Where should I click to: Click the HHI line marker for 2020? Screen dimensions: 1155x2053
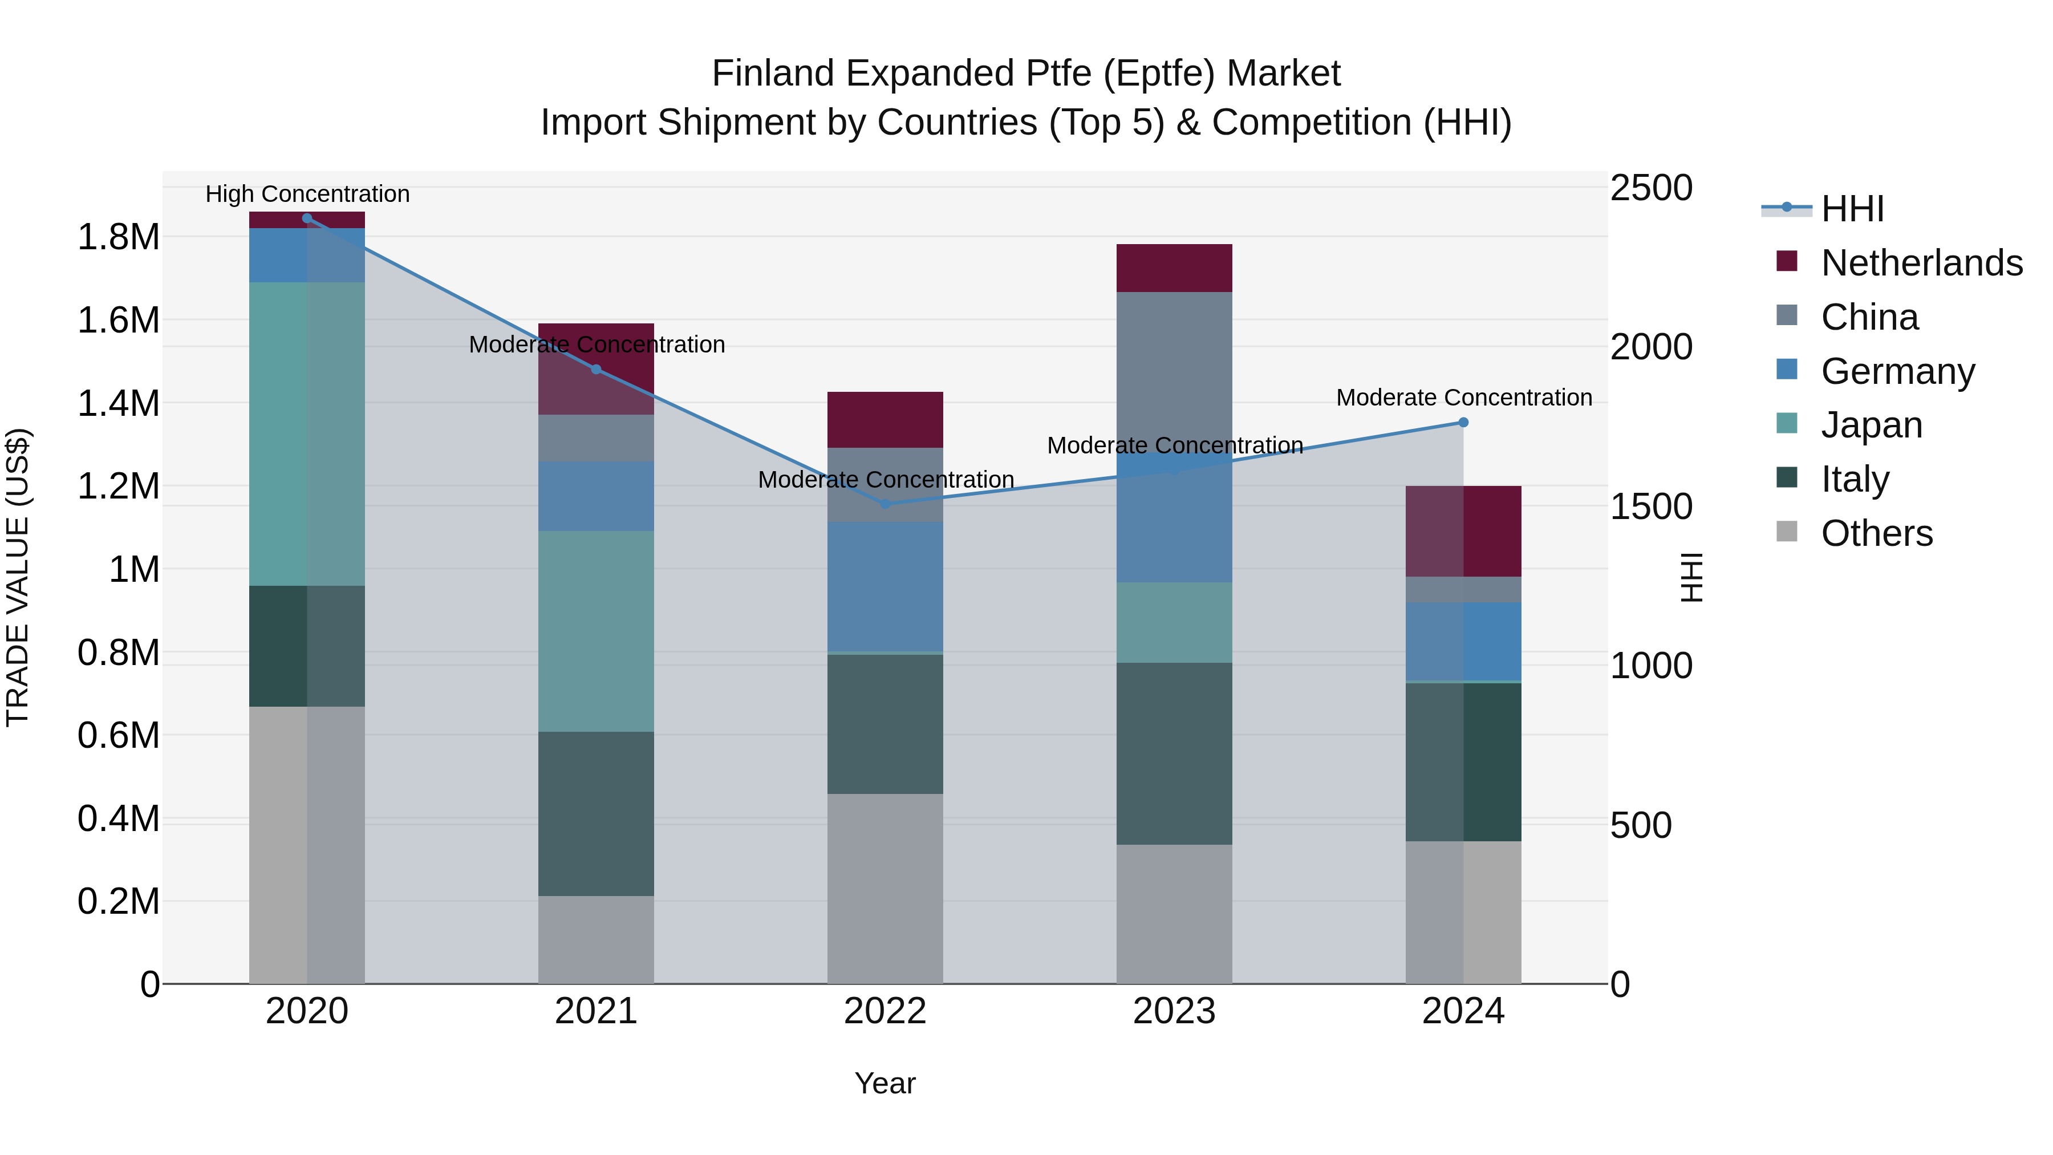[x=307, y=218]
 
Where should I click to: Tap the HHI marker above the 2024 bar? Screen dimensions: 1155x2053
[x=1463, y=423]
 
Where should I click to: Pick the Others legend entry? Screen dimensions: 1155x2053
[x=1876, y=533]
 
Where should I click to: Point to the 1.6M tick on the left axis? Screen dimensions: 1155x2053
[x=118, y=321]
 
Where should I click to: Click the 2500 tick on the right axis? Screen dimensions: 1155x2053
[x=1650, y=188]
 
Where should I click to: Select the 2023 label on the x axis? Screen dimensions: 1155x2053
[x=1174, y=1011]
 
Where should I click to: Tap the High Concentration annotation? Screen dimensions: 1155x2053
[x=307, y=194]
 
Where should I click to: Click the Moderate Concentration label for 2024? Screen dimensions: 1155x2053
[x=1463, y=397]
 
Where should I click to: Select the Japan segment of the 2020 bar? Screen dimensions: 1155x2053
[x=307, y=435]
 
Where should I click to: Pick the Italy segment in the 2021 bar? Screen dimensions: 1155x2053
[x=596, y=813]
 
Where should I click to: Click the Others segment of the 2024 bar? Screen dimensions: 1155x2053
[x=1463, y=912]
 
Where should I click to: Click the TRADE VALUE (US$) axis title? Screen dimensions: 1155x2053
[x=18, y=577]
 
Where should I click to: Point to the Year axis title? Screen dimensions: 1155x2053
[x=885, y=1083]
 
